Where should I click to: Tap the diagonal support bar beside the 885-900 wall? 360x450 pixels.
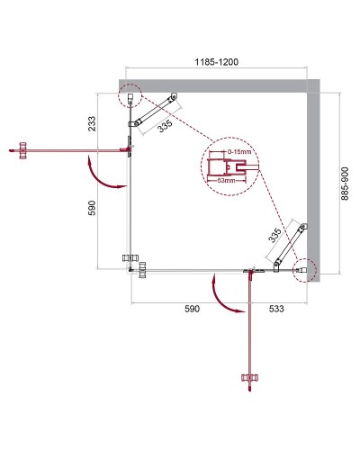point(290,243)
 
